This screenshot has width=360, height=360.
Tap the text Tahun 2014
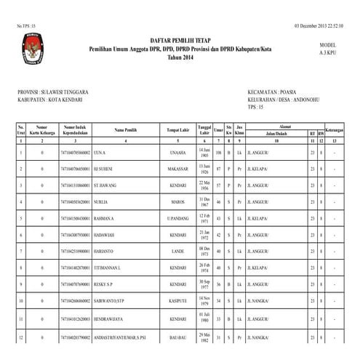pos(180,56)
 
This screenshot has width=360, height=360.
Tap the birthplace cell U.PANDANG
pos(177,218)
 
